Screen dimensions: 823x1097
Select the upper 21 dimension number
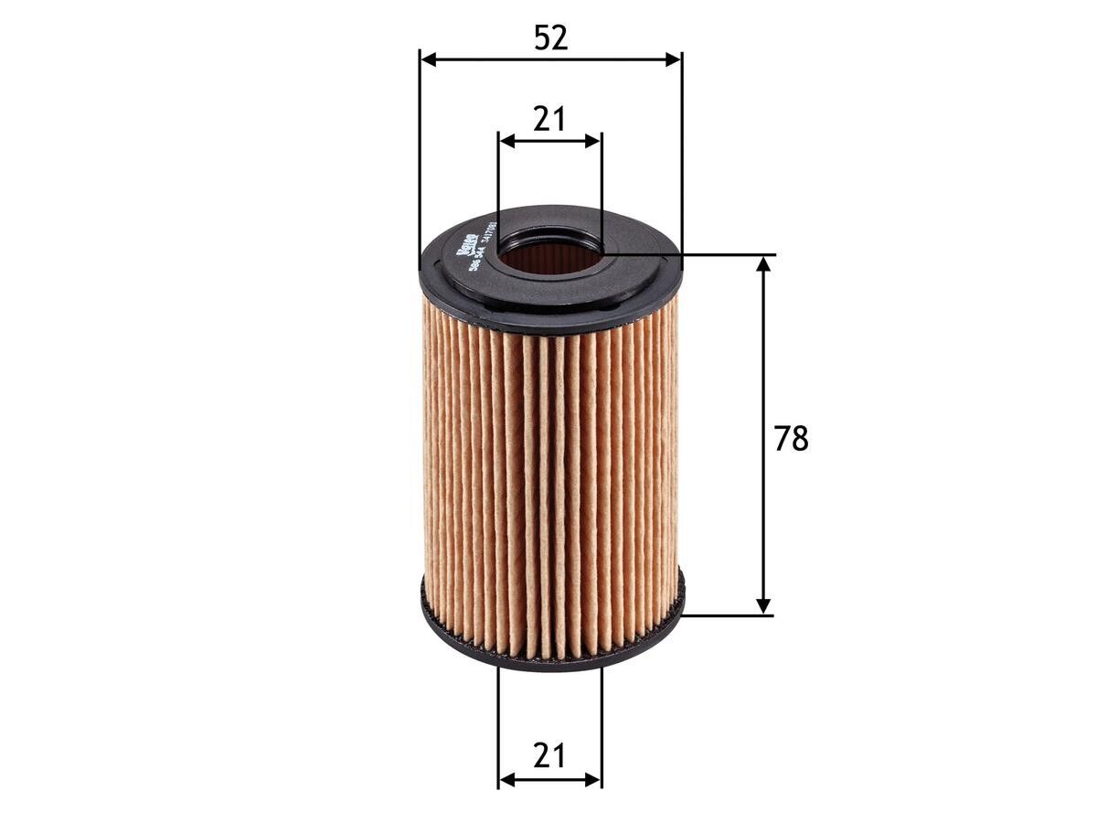point(548,119)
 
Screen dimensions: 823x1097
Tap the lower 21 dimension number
point(548,756)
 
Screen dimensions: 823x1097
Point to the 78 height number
point(792,439)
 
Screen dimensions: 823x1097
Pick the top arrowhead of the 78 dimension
point(764,264)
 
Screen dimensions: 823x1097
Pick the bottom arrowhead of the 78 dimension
point(764,605)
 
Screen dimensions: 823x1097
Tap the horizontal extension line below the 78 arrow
point(727,615)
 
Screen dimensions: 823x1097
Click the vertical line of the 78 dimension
point(764,366)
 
